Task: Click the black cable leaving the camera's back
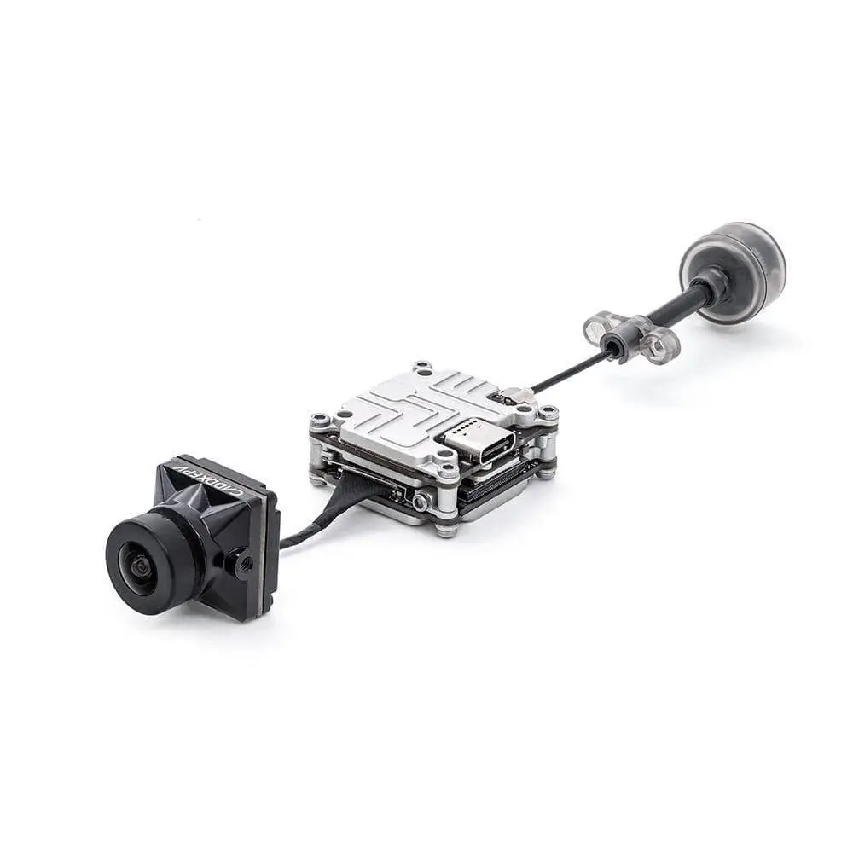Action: (299, 536)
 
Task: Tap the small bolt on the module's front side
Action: (421, 502)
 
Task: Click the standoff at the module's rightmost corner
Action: (547, 415)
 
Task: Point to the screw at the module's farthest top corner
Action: (422, 368)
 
